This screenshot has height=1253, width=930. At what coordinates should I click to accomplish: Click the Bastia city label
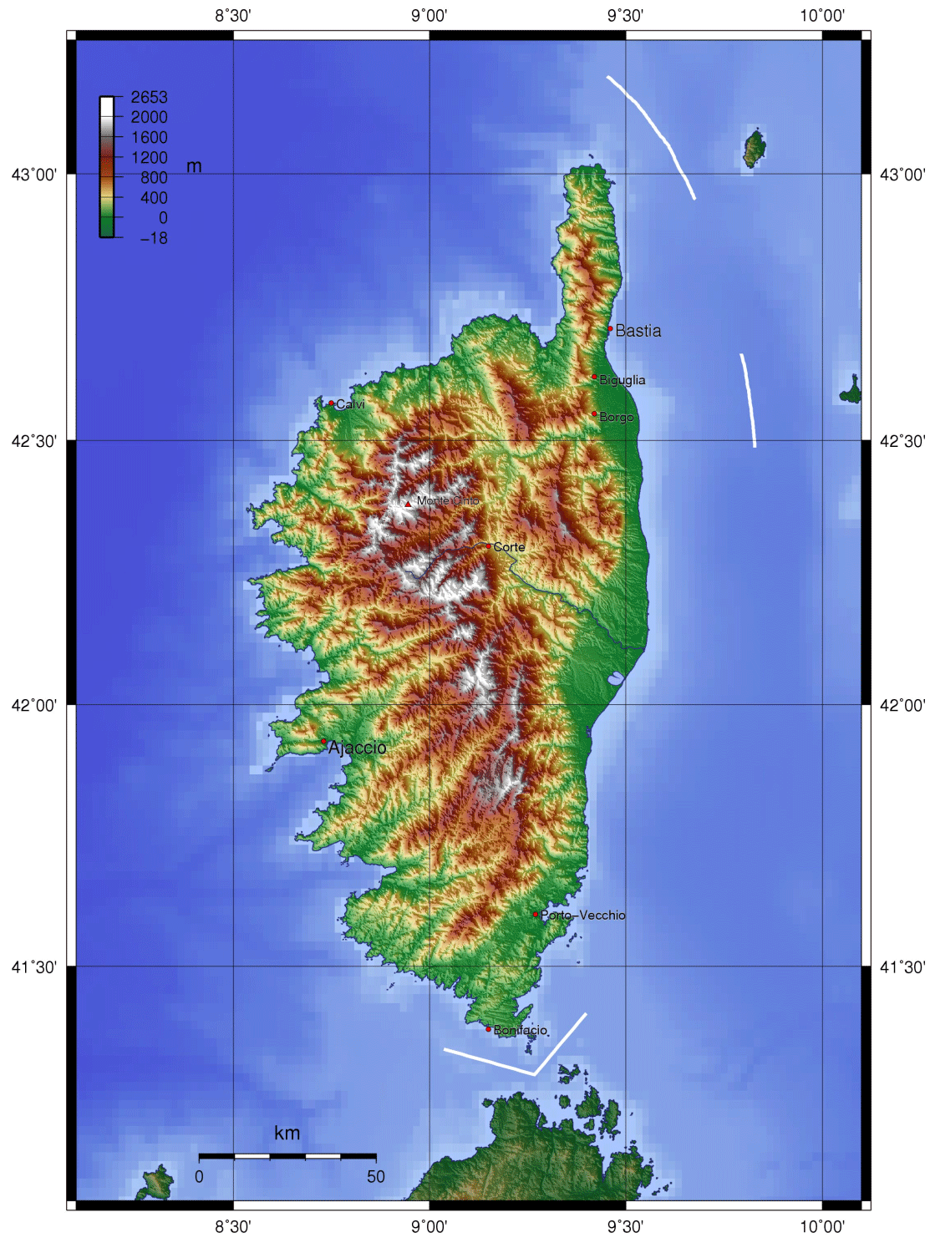(x=638, y=331)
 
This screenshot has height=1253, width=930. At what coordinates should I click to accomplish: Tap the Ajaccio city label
(x=357, y=748)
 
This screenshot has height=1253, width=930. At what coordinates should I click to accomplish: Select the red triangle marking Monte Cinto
(x=408, y=504)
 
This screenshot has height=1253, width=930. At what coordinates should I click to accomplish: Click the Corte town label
(x=509, y=547)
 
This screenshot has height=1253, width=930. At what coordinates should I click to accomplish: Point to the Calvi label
(x=350, y=404)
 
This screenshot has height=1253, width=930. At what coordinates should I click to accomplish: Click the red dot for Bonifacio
(x=489, y=1029)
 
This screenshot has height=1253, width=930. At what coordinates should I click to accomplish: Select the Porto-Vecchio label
(x=582, y=916)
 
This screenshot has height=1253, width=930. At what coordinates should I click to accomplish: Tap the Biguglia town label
(x=622, y=380)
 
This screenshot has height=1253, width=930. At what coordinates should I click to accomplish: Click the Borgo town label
(x=617, y=417)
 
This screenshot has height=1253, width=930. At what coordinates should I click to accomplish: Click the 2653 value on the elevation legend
(x=149, y=97)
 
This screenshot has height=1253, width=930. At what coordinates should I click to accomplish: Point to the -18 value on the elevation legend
(x=154, y=238)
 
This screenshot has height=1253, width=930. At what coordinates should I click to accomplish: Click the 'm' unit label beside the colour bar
(x=194, y=166)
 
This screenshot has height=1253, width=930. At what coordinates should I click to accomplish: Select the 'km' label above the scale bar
(x=287, y=1134)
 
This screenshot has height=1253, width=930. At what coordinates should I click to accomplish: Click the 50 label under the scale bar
(x=375, y=1176)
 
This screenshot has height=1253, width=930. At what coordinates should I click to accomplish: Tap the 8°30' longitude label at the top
(x=233, y=15)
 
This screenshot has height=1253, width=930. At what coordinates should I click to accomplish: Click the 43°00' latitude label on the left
(x=34, y=175)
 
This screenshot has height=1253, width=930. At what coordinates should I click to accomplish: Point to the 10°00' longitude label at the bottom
(x=822, y=1226)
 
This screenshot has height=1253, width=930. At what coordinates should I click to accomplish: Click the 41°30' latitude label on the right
(x=902, y=967)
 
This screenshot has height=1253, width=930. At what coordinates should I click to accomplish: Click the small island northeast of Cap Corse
(x=755, y=149)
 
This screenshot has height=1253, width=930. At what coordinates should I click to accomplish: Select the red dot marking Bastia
(x=610, y=329)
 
